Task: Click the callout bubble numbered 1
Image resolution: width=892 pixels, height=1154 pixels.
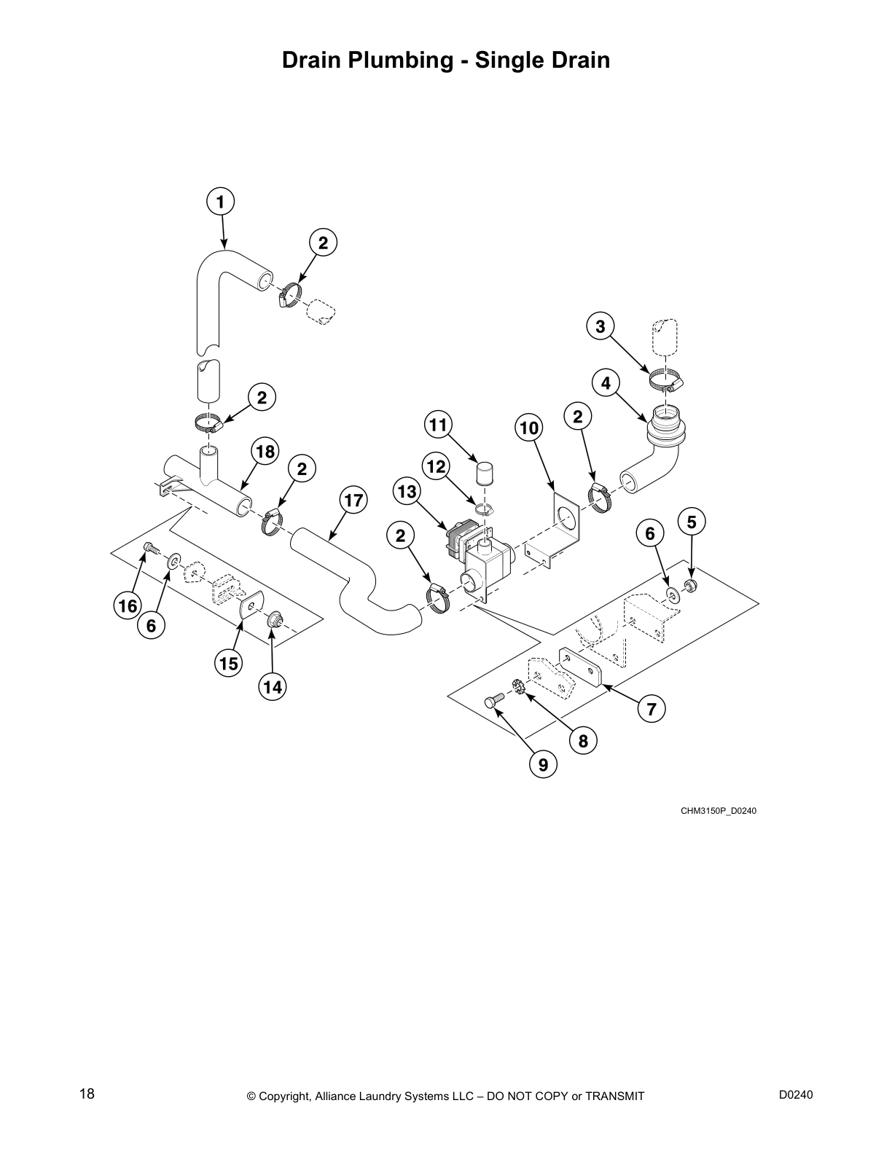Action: (x=220, y=201)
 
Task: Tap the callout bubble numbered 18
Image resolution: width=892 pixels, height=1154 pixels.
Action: (x=265, y=452)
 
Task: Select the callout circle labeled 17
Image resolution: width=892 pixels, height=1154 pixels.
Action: (x=353, y=501)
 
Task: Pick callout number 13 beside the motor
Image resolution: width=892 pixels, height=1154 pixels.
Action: (x=407, y=492)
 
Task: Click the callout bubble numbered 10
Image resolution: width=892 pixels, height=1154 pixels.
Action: (x=529, y=428)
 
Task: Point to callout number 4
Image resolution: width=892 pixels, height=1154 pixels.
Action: (x=606, y=382)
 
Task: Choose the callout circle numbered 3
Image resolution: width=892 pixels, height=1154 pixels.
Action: (x=600, y=327)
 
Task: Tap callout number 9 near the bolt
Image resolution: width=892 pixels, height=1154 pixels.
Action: (x=543, y=764)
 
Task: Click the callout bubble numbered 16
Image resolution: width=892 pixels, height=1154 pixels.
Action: (x=128, y=606)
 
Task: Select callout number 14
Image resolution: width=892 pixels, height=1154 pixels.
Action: (x=273, y=687)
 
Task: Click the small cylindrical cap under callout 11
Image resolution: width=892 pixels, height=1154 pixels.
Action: (x=485, y=473)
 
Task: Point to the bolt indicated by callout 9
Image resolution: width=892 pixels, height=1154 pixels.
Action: (x=492, y=702)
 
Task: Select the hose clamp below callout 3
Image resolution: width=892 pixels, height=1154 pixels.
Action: (x=666, y=380)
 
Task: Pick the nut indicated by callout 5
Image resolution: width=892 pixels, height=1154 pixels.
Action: (x=691, y=586)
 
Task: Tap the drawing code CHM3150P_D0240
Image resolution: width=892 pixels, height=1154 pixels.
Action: (x=718, y=811)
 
